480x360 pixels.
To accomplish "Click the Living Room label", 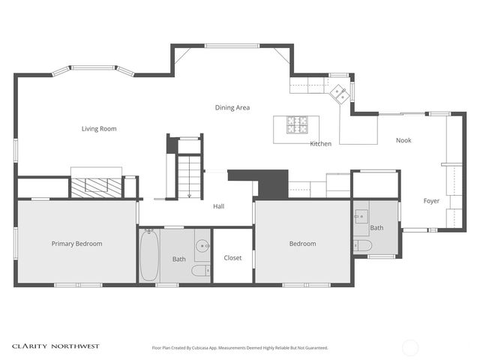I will point(99,129).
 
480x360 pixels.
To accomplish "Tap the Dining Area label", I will point(232,108).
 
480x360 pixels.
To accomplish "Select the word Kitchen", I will point(320,143).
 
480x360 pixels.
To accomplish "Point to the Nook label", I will point(403,140).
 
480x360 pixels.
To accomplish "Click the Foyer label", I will point(431,201).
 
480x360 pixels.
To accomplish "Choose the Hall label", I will point(218,206).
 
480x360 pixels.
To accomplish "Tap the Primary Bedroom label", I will point(76,244).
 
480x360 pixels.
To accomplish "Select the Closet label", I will point(232,258).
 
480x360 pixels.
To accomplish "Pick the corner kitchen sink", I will point(339,94).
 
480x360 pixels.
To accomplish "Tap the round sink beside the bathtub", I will point(202,245).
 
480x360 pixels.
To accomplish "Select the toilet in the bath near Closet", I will point(200,270).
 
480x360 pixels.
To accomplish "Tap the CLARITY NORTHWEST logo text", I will point(55,346).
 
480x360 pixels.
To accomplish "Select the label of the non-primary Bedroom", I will point(303,244).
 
